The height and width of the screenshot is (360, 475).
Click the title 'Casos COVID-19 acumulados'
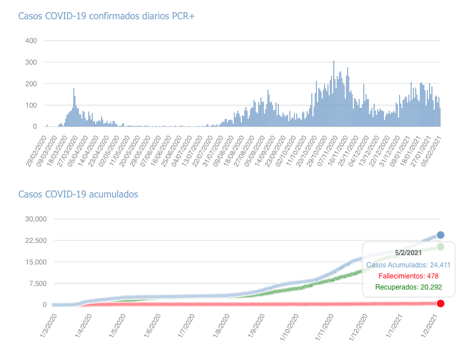pos(79,194)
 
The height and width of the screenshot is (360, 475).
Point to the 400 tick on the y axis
pos(31,41)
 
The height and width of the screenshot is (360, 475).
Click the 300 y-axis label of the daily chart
pos(31,62)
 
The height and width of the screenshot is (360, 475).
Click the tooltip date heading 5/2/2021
pos(409,252)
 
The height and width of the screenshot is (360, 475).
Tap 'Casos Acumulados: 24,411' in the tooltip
pos(409,264)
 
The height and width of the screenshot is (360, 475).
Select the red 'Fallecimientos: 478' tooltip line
pos(409,276)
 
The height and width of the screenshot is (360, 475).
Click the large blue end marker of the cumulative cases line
pos(441,235)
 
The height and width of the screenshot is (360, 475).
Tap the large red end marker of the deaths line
pos(441,303)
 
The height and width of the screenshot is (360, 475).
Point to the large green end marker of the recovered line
pos(441,247)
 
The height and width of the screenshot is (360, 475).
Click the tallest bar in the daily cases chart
pos(333,93)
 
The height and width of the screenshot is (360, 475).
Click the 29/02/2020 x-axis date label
pos(36,151)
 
